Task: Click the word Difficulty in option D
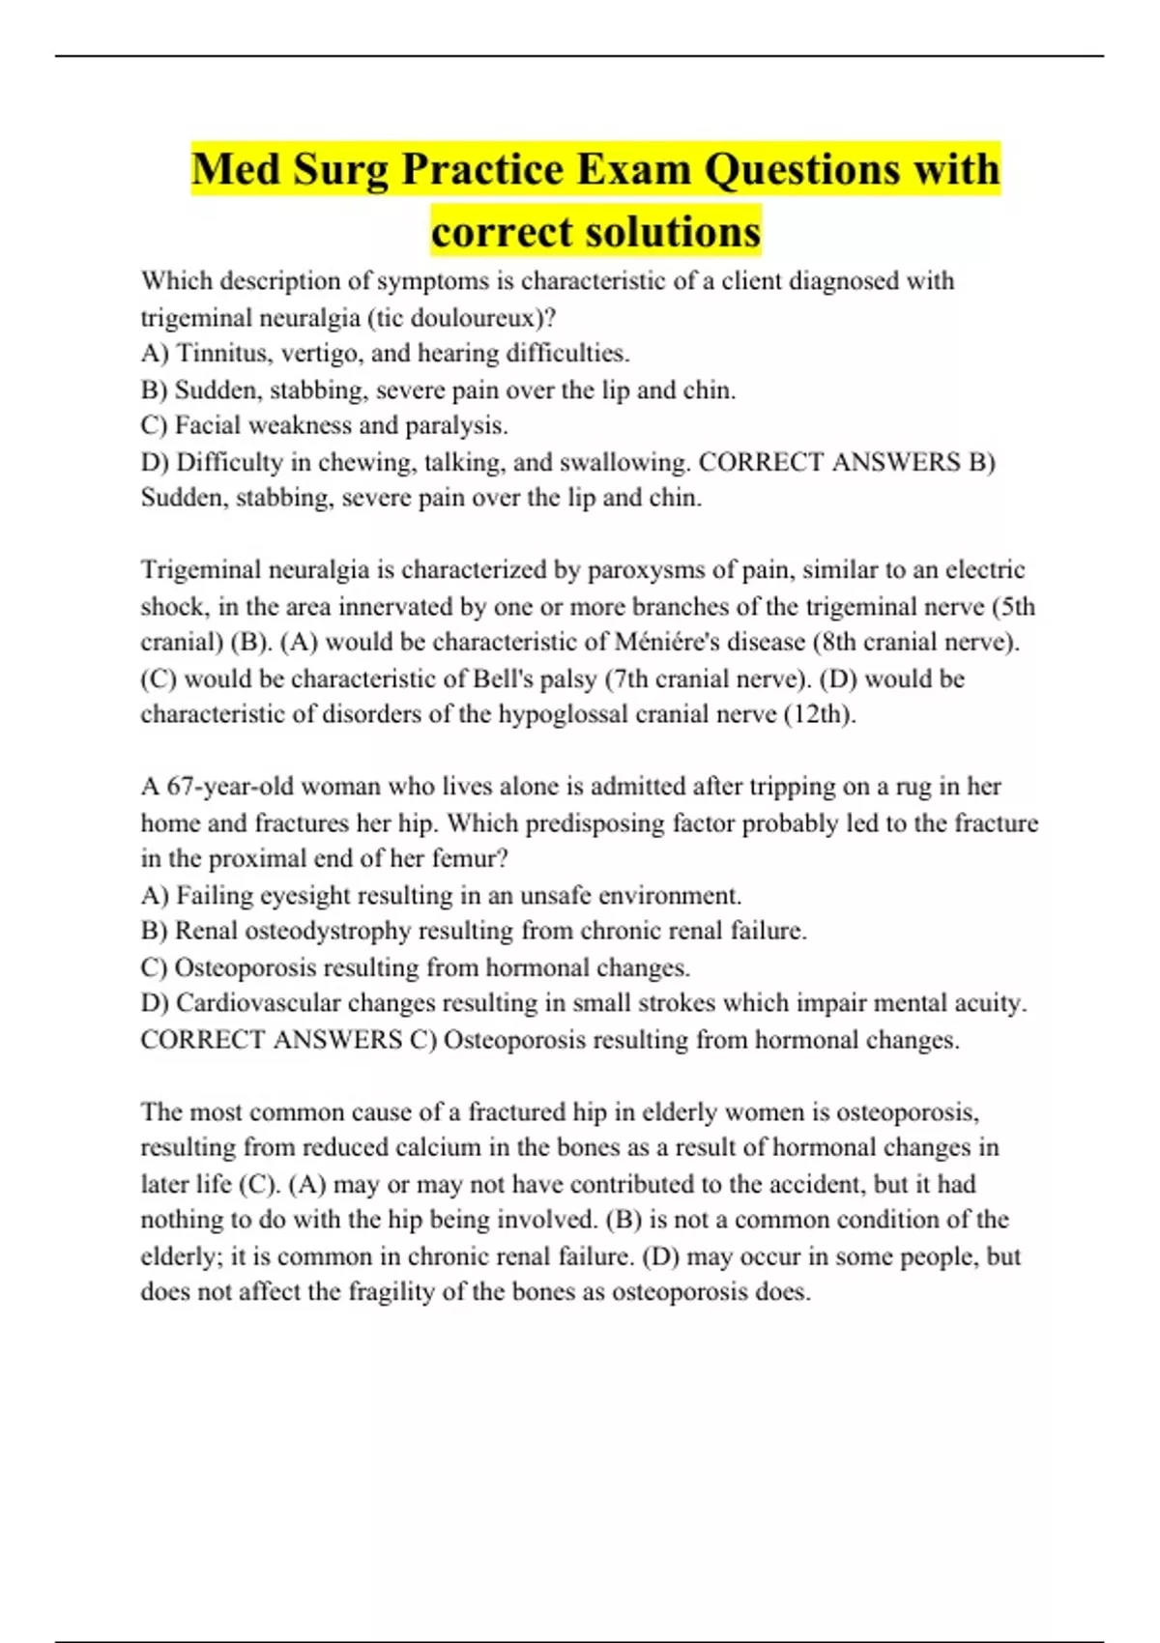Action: point(229,462)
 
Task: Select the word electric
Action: point(985,570)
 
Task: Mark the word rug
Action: point(913,787)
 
